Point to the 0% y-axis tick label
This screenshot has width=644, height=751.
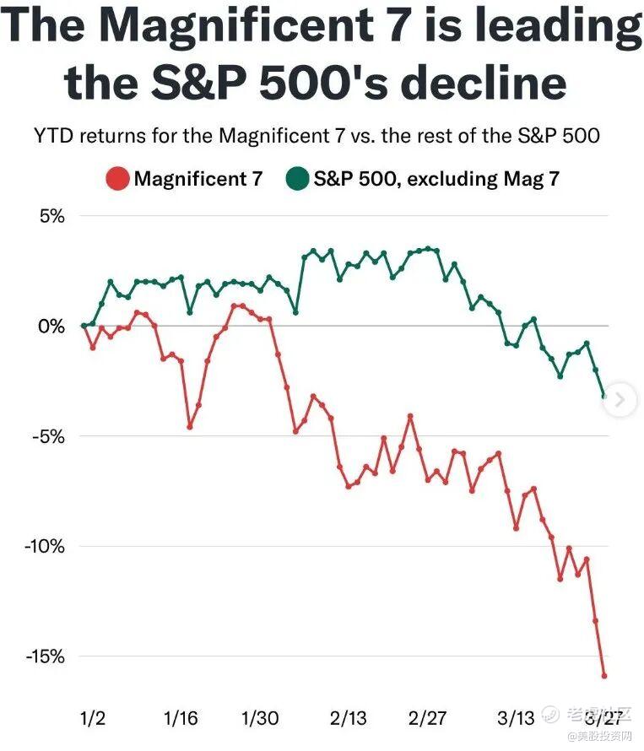51,326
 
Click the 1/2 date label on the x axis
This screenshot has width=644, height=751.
93,719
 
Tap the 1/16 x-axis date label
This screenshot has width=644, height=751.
180,719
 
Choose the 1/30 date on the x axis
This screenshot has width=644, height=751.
260,719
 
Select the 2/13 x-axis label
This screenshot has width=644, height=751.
348,719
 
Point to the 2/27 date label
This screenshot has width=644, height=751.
427,719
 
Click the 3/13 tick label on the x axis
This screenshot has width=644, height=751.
515,719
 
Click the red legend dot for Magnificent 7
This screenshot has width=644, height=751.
118,179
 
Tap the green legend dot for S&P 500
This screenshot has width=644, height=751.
297,179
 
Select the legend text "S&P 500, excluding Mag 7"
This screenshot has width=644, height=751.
436,179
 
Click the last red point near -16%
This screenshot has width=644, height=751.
604,675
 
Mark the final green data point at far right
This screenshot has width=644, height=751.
604,395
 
